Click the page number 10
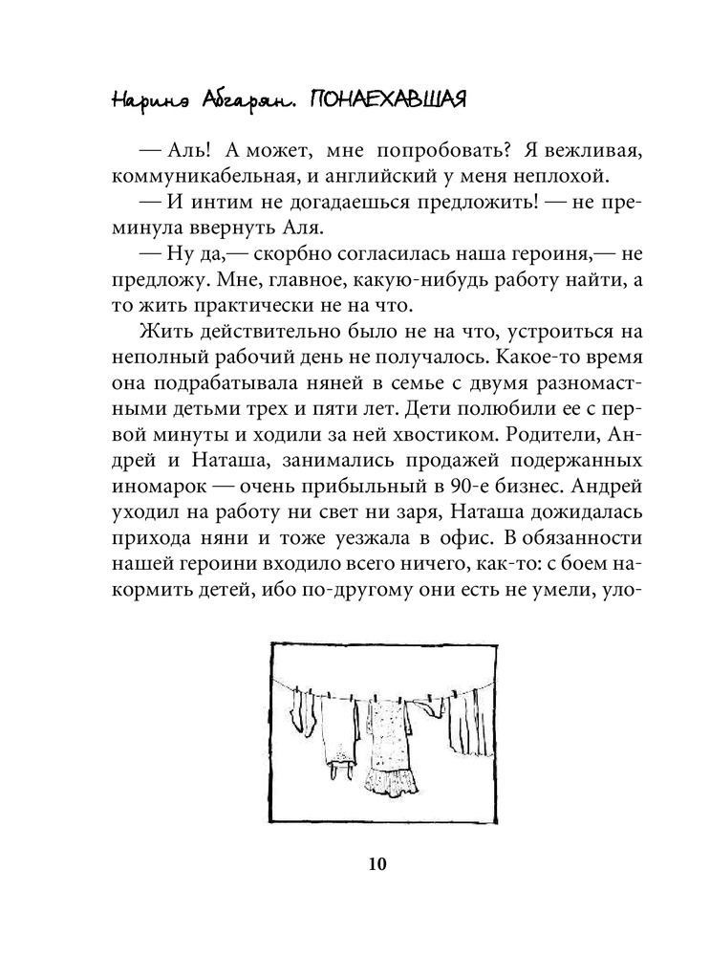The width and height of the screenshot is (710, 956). [x=375, y=866]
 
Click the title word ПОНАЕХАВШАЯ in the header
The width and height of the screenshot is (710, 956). [x=386, y=100]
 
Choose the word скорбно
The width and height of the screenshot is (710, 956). [x=273, y=255]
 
